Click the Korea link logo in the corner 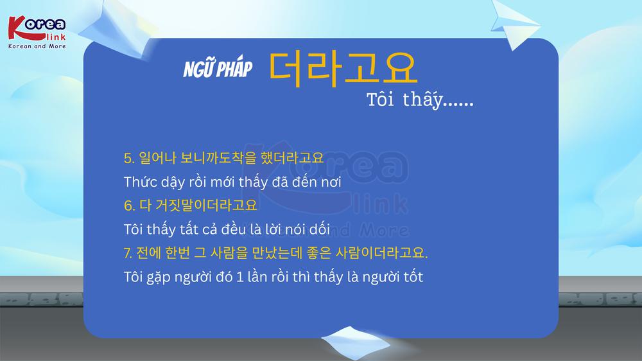tap(37, 32)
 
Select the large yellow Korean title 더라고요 tap(343, 69)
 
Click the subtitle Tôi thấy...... tap(420, 100)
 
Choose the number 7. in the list tap(128, 253)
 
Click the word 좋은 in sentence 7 tap(318, 253)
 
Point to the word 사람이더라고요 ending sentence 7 tap(381, 253)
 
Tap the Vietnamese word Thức tap(139, 182)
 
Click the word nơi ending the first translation tap(331, 182)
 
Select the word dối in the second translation tap(319, 229)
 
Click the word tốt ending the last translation tap(413, 277)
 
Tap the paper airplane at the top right tap(514, 24)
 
